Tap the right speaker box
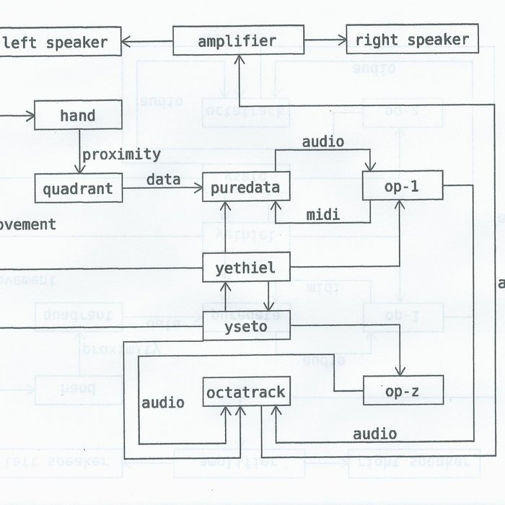coord(412,40)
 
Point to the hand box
coord(78,115)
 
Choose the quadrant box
coord(78,189)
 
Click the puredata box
coord(246,188)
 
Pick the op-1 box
coord(403,188)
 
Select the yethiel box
coord(246,269)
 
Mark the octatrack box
coord(246,392)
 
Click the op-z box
coord(403,390)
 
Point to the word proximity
coord(121,154)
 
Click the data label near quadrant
coord(163,179)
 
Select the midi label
coord(323,215)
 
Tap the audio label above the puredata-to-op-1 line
coord(322,141)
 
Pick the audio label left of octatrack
coord(163,403)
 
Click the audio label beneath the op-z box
coord(374,434)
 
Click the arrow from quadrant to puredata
coord(162,189)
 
